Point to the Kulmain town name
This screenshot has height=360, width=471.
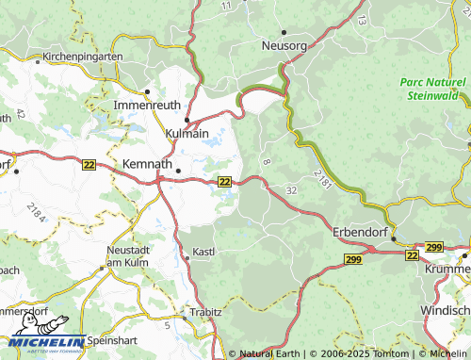187,135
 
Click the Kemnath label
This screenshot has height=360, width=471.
148,164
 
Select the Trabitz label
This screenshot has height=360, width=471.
204,310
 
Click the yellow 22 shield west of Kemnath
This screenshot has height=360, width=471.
89,164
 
